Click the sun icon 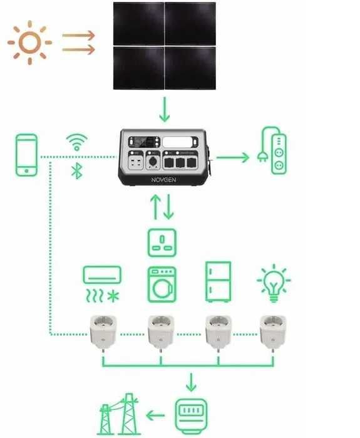30,43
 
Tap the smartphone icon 26,155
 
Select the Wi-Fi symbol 77,142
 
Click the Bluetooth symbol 77,171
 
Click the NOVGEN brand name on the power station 163,180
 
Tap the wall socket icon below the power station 162,242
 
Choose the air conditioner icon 102,284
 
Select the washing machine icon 162,284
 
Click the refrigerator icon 219,281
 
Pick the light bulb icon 274,283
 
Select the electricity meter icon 192,416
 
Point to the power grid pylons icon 119,414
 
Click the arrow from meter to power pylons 155,415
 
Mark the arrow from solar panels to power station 165,110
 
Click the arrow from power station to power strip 233,157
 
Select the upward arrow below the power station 155,207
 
